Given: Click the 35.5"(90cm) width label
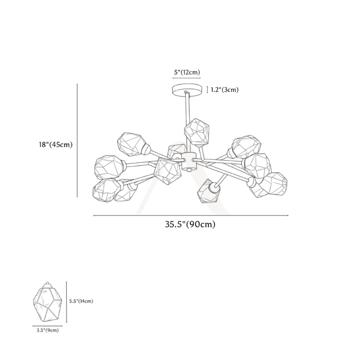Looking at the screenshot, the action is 190,224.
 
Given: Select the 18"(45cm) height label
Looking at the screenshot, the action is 55,145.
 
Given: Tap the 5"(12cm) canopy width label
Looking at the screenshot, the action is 187,72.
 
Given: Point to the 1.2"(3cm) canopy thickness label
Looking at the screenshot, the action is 225,90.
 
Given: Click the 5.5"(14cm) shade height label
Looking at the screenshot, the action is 81,301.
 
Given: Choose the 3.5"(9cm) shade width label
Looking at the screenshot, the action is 48,330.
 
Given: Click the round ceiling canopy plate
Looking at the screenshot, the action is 187,90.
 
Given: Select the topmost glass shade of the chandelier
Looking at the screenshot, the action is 197,132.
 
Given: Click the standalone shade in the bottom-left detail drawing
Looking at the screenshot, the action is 47,302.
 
